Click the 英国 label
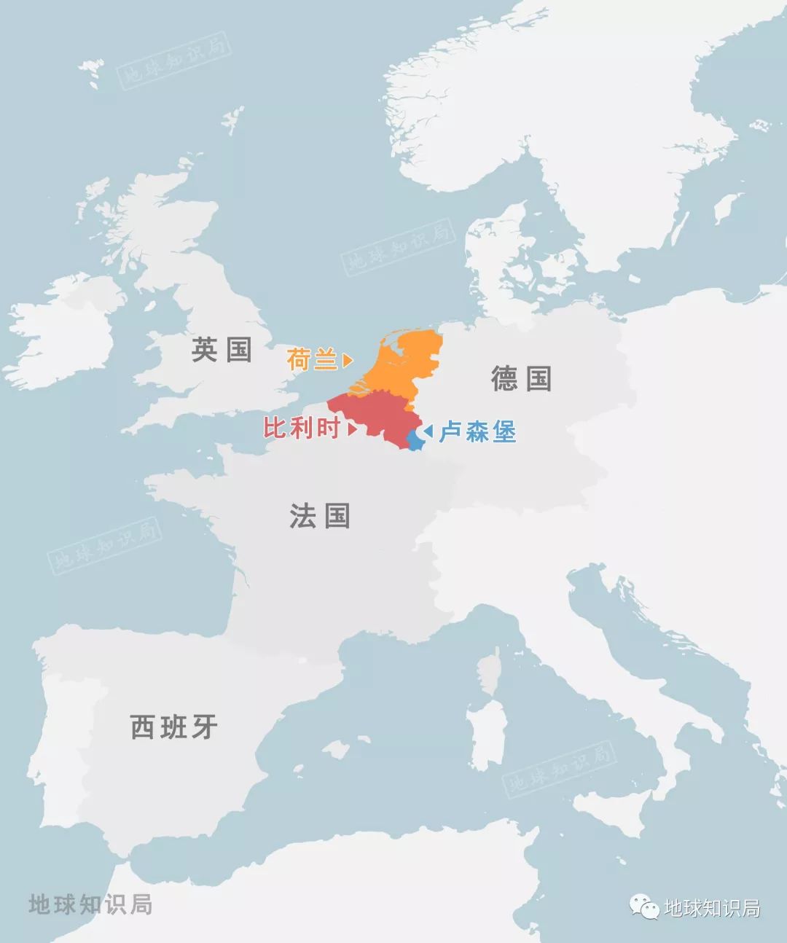(x=222, y=349)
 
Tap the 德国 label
(x=521, y=379)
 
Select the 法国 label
(x=320, y=516)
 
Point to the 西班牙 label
(x=173, y=727)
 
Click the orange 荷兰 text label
(x=311, y=359)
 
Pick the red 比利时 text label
(x=301, y=429)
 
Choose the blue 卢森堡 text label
(x=477, y=432)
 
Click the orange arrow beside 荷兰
(x=348, y=360)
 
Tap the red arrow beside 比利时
(x=352, y=429)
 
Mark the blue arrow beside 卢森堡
(x=428, y=432)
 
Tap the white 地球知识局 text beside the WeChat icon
(x=712, y=908)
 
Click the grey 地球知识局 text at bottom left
(x=90, y=904)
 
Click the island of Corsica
(x=490, y=672)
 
